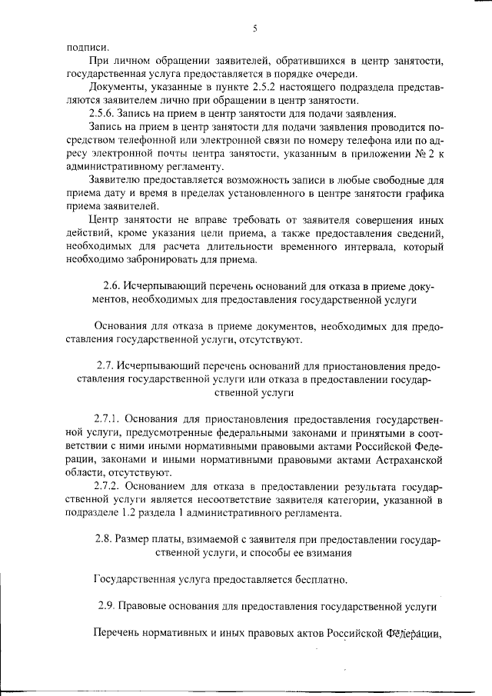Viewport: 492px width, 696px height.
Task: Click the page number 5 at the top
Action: (x=254, y=29)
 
